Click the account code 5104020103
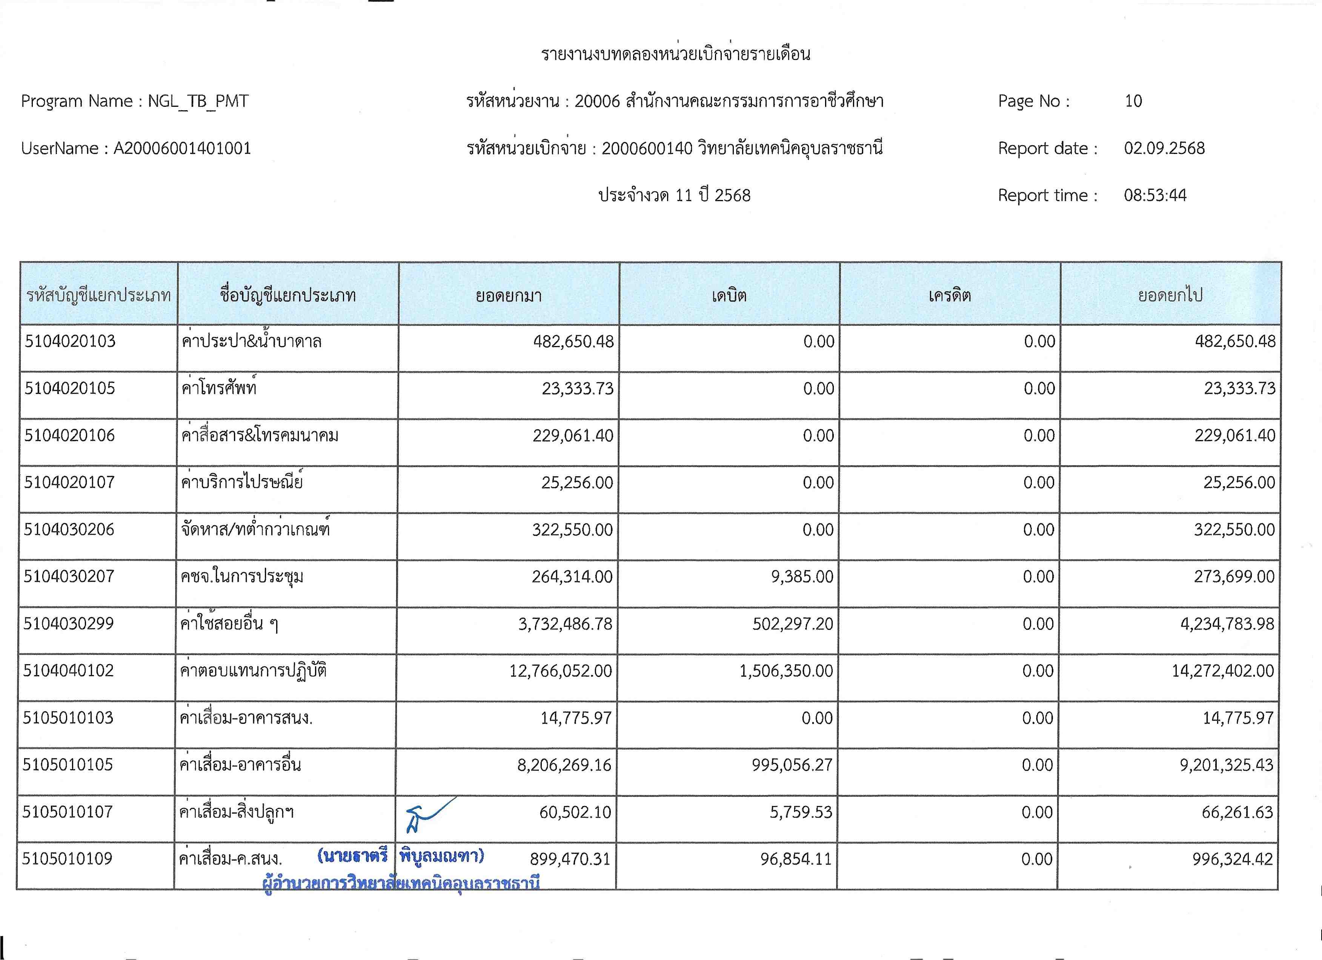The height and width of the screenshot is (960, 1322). pos(70,341)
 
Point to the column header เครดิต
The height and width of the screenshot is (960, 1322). pos(950,295)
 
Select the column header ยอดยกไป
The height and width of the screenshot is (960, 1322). pos(1170,295)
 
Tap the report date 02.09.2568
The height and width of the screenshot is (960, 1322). pos(1164,148)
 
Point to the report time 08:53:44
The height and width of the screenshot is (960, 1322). pos(1155,195)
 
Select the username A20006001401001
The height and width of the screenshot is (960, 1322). pos(182,148)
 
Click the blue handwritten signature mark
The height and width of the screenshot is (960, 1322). pos(429,813)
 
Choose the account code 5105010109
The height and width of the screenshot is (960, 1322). pos(67,858)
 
